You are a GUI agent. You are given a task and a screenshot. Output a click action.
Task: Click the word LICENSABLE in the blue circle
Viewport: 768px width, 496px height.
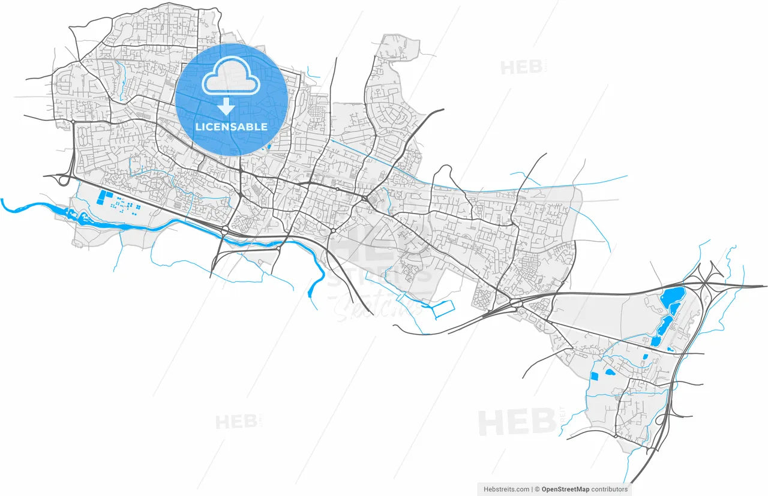(231, 127)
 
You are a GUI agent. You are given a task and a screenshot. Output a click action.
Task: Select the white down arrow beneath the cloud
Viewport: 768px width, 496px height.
(226, 107)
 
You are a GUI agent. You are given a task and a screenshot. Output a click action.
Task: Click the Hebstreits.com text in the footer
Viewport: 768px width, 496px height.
(506, 489)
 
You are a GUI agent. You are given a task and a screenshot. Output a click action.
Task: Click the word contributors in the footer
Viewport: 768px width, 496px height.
(611, 489)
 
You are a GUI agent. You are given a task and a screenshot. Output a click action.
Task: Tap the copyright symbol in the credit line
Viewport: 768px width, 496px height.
(538, 489)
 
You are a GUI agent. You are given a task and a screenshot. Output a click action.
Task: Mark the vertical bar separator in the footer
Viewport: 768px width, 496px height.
(532, 489)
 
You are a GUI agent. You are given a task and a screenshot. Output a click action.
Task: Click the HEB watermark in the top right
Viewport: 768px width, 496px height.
(521, 67)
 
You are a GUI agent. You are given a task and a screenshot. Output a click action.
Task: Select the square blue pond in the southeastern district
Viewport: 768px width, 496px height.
(595, 376)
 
